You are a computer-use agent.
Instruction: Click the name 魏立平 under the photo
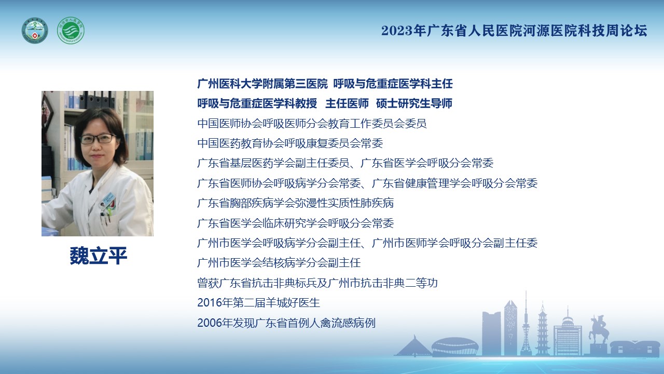point(99,256)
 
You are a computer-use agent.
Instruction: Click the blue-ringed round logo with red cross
point(35,31)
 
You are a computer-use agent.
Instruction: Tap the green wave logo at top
point(71,31)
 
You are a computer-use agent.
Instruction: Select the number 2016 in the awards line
point(210,303)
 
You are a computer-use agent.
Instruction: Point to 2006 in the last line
point(210,323)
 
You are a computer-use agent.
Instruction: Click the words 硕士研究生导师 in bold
point(414,103)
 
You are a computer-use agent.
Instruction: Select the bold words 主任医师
point(347,103)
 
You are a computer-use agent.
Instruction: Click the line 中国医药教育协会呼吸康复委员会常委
point(290,143)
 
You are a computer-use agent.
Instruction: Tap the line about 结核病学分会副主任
point(279,263)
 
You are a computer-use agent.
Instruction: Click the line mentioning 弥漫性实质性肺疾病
point(296,203)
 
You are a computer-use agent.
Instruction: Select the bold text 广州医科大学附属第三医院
point(262,84)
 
